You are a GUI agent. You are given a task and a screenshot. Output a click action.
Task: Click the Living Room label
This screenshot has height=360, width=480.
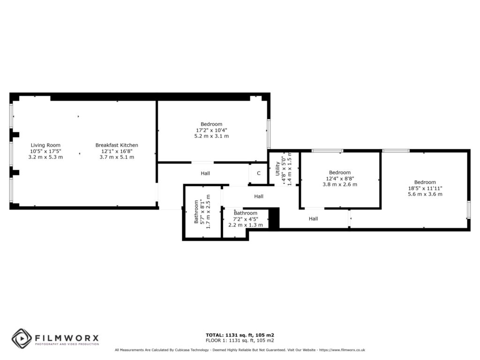(45, 145)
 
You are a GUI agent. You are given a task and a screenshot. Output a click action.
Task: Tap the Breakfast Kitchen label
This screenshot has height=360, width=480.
(117, 145)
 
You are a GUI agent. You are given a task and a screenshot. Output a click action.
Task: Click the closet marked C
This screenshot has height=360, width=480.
(258, 173)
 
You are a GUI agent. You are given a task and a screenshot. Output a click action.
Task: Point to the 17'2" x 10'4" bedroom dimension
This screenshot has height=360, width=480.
(212, 130)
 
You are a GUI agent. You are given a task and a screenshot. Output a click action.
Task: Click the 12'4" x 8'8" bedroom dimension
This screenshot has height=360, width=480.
(340, 179)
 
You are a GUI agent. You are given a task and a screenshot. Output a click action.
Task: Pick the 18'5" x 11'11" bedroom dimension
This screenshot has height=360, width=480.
(425, 188)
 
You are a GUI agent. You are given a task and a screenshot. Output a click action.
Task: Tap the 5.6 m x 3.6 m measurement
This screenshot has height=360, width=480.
(425, 194)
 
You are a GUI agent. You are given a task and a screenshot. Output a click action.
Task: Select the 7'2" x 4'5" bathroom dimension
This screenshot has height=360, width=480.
(246, 219)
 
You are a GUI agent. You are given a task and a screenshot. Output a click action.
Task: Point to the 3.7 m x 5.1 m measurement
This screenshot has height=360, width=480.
(117, 157)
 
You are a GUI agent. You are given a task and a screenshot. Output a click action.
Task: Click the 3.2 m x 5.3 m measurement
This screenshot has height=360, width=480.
(45, 157)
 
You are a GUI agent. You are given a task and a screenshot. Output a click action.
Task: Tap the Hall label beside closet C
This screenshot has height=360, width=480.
(205, 173)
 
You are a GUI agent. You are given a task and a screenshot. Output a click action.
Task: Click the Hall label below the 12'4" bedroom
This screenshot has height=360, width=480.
(313, 218)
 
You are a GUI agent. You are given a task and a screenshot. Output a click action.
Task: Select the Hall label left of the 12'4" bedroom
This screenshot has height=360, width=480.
(259, 196)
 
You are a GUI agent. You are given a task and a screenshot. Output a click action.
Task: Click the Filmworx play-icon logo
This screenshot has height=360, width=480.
(22, 338)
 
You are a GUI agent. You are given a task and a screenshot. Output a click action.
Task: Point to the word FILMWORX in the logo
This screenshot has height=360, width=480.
(66, 337)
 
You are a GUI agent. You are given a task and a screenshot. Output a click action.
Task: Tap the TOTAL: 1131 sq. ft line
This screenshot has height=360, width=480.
(240, 335)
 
